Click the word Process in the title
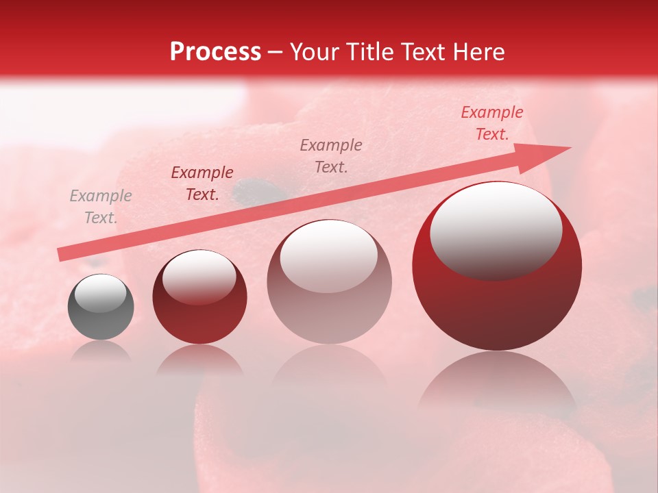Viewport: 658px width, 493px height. click(x=215, y=52)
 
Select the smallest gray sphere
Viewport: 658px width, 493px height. click(x=101, y=307)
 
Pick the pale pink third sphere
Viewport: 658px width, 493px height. click(x=329, y=282)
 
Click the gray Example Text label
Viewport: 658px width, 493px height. click(x=101, y=207)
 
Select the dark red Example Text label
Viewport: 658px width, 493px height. click(x=202, y=184)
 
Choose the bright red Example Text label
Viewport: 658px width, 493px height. click(x=491, y=123)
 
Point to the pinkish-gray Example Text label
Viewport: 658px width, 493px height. click(x=331, y=156)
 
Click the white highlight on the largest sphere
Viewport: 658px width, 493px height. click(x=496, y=229)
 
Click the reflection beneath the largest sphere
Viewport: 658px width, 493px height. click(x=497, y=383)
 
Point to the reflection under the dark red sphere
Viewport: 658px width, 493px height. click(x=199, y=359)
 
